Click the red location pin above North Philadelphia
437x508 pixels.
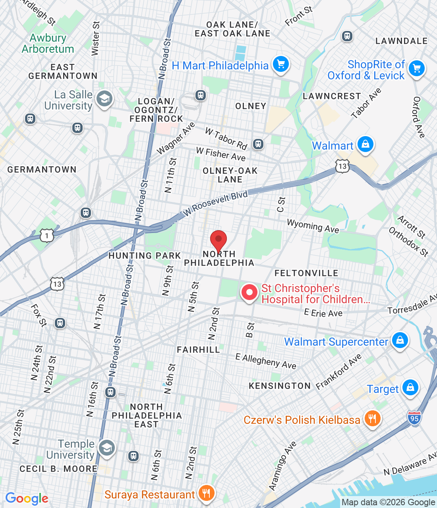coord(218,240)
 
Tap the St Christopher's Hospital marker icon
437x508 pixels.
coord(249,293)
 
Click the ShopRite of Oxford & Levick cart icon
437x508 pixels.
coord(417,69)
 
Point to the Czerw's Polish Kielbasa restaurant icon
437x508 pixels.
coord(372,419)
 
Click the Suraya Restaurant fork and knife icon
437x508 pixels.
coord(206,493)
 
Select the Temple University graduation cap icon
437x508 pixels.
coord(106,448)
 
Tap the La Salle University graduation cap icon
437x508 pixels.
coord(104,99)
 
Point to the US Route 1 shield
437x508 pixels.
coord(47,236)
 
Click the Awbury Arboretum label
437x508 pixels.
coord(48,43)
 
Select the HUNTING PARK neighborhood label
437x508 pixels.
coord(145,256)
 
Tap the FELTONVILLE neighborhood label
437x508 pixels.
coord(306,273)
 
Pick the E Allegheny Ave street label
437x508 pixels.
coord(266,361)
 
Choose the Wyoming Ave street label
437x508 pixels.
coord(313,226)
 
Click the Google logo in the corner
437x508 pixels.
coord(27,498)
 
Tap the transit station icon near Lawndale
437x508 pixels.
coord(347,36)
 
